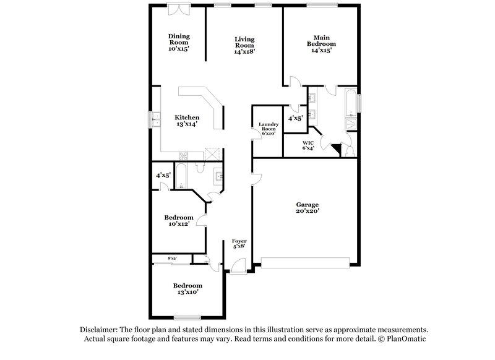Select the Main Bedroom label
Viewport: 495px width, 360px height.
pos(321,44)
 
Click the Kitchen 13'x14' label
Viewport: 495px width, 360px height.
pos(186,121)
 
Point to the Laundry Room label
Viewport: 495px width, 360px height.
pos(269,129)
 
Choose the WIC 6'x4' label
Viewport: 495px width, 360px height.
pos(308,145)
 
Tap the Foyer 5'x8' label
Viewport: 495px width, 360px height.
pos(239,243)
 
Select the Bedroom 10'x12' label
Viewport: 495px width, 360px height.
pos(178,221)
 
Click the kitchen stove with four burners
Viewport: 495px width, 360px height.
pos(183,155)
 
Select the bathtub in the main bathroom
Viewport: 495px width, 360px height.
pos(350,103)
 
